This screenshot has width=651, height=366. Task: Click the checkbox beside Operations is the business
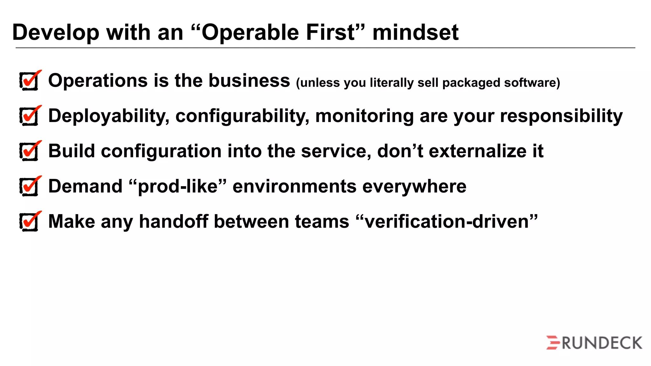[30, 81]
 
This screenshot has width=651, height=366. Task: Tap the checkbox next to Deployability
[30, 117]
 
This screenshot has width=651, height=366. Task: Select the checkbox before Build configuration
[30, 152]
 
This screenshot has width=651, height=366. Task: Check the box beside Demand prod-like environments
[30, 187]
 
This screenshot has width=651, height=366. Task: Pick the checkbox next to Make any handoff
[30, 222]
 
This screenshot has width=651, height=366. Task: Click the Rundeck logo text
[602, 343]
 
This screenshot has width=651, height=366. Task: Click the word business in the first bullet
[249, 81]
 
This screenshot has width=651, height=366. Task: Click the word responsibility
[561, 116]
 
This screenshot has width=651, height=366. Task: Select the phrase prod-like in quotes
[178, 187]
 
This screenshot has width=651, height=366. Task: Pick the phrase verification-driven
[447, 221]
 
